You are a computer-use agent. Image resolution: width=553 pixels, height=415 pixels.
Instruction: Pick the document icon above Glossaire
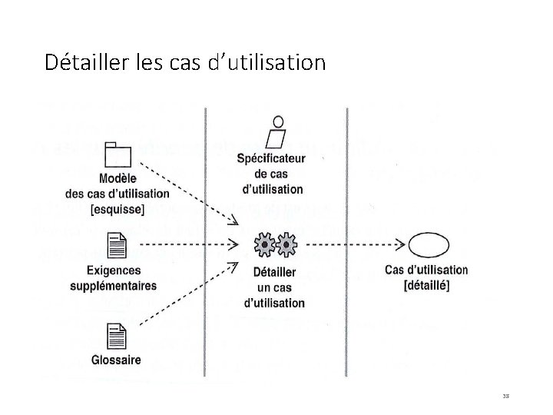point(117,337)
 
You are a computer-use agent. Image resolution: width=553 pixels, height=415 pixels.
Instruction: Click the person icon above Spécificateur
point(274,131)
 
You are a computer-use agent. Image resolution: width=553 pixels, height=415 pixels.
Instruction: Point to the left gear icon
point(263,245)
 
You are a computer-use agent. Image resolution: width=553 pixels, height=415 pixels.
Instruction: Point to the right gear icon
point(286,245)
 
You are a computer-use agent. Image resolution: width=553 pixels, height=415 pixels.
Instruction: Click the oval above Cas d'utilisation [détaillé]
point(426,245)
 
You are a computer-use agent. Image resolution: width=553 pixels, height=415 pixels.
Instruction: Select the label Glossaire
point(116,360)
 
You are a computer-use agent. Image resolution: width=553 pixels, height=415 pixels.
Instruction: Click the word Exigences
point(114,271)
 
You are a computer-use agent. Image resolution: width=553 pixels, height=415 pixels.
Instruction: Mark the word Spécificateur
point(271,159)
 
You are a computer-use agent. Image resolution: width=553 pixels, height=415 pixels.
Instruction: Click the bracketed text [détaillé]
point(426,284)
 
